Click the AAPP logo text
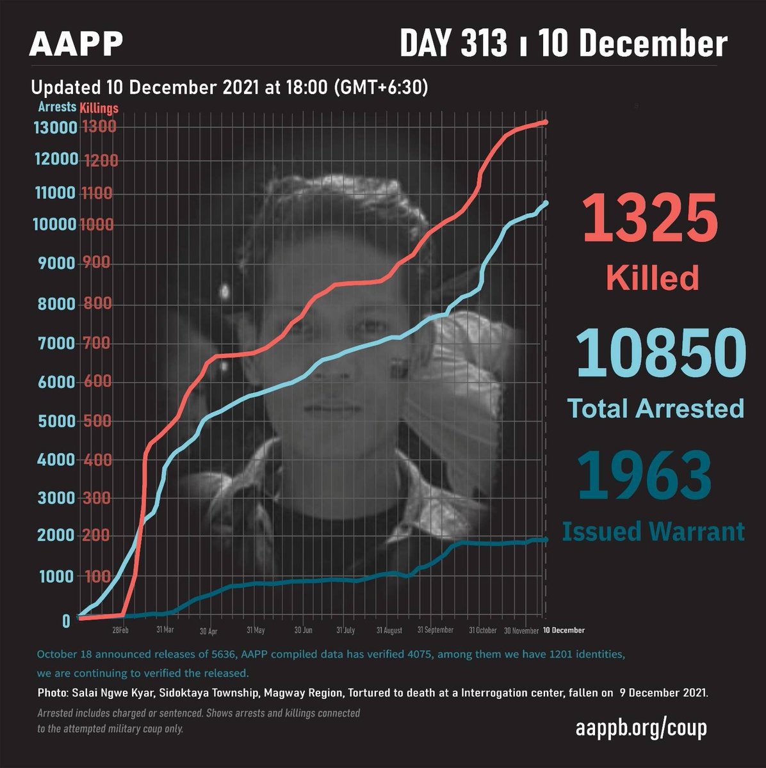click(76, 44)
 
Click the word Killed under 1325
click(652, 278)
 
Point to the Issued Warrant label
click(653, 532)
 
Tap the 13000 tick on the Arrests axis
click(54, 127)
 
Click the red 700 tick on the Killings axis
click(96, 344)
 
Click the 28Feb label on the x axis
click(124, 630)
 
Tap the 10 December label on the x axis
click(564, 630)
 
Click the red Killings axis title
click(99, 109)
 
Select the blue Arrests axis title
click(57, 108)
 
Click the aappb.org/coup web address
click(640, 728)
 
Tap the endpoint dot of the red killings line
click(546, 122)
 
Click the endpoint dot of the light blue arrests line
click(546, 203)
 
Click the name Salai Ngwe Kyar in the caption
click(107, 693)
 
